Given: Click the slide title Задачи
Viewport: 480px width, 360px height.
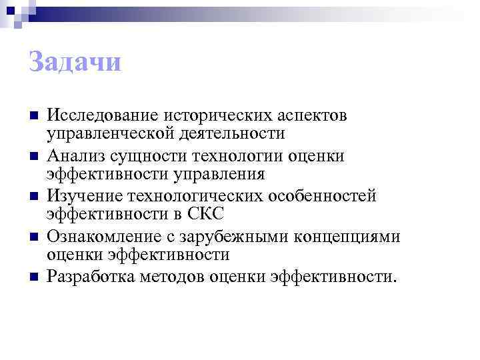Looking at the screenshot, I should click(x=75, y=63).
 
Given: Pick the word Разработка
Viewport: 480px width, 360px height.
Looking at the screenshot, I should click(x=90, y=276).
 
